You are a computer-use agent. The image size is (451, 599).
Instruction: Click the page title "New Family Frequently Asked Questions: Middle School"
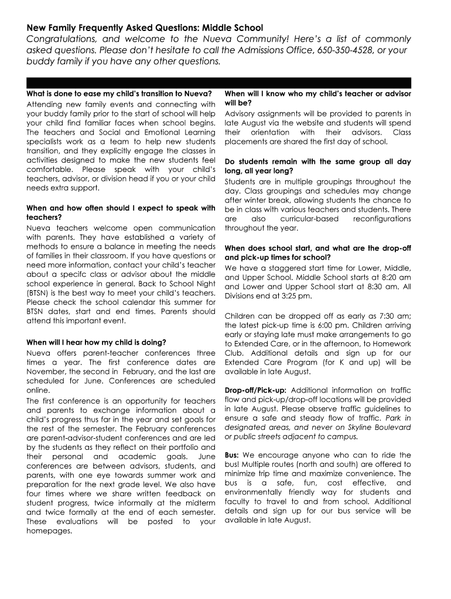[145, 27]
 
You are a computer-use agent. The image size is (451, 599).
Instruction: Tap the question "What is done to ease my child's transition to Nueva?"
[115, 94]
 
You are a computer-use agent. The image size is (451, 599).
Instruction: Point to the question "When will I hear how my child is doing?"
[96, 342]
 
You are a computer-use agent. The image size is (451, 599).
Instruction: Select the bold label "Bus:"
[232, 455]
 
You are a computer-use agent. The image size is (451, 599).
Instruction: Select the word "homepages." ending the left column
[49, 531]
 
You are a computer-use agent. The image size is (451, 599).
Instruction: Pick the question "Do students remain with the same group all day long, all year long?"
[317, 166]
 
